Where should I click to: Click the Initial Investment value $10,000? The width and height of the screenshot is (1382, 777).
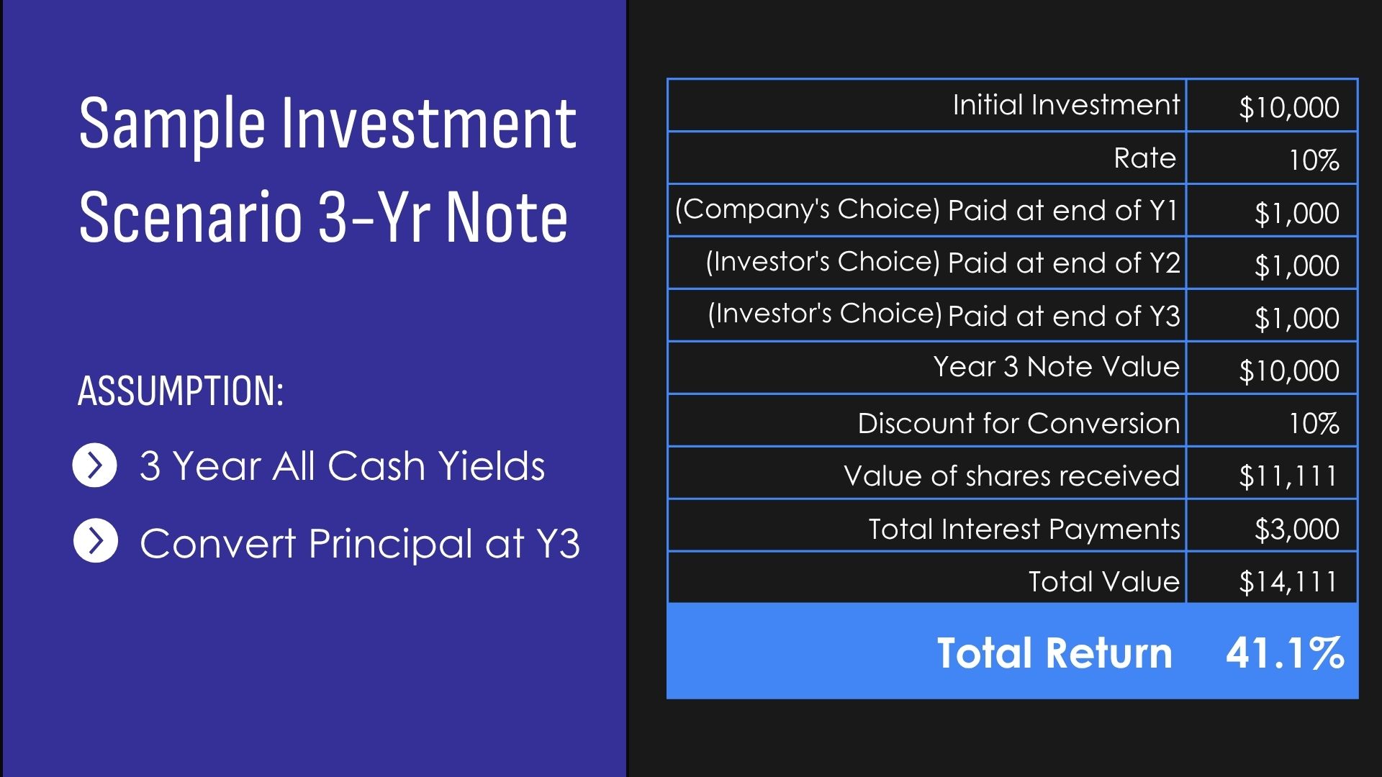coord(1289,107)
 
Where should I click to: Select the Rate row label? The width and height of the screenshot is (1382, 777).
coord(1144,158)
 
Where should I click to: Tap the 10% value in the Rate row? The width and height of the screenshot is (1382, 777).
coord(1314,160)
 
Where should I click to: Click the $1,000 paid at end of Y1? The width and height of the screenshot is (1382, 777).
coord(1296,213)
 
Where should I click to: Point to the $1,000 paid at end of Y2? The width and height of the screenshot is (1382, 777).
coord(1296,265)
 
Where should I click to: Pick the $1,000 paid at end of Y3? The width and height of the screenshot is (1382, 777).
coord(1296,318)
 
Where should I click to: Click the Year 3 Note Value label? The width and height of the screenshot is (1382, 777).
coord(1056,366)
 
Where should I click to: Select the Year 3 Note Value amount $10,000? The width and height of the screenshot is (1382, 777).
coord(1289,371)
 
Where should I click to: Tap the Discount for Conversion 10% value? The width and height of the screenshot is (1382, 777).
coord(1314,423)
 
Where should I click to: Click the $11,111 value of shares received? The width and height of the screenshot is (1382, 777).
coord(1288,476)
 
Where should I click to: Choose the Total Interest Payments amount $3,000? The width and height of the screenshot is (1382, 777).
coord(1296,529)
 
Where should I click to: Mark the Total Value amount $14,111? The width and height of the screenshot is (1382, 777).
coord(1288,581)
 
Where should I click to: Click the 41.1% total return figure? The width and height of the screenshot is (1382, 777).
coord(1285,653)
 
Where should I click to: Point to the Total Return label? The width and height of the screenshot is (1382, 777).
coord(1054,653)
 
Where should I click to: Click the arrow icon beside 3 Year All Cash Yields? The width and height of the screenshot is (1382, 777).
coord(94,465)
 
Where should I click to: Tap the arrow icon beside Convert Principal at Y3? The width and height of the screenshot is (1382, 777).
coord(95,541)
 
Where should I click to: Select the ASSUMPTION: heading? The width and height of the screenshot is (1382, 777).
coord(180,391)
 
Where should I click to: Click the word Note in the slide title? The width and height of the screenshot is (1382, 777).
coord(507,216)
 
